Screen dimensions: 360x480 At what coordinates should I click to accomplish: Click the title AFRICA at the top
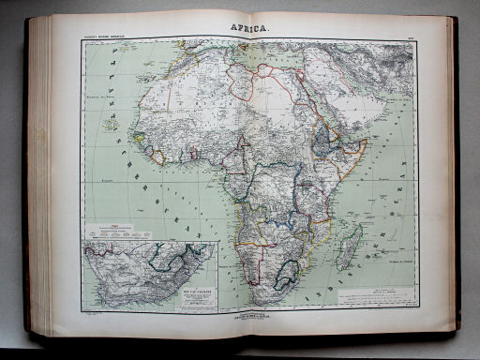pos(245,28)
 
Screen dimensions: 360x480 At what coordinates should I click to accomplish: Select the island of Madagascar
pos(348,245)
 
